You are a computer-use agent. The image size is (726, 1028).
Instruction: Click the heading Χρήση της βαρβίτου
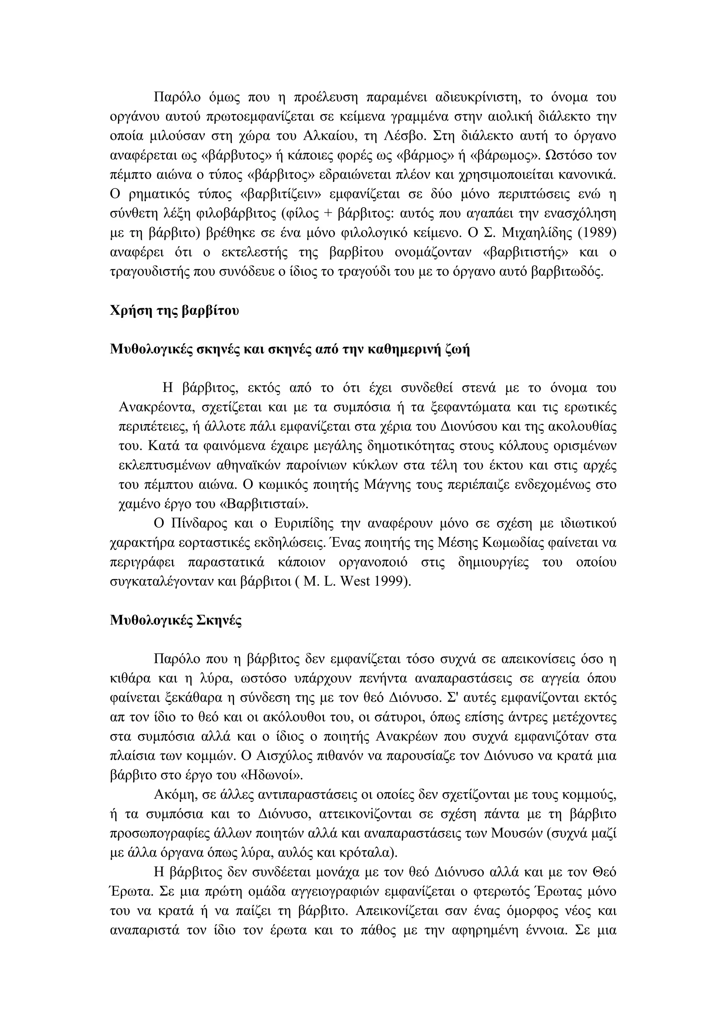click(174, 310)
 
